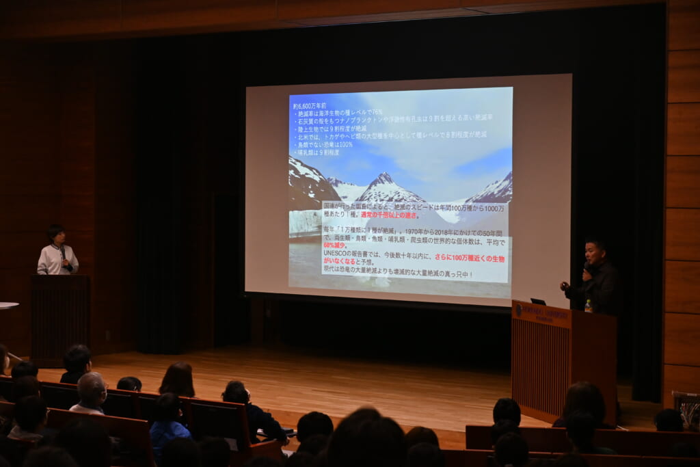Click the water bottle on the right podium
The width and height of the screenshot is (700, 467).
click(x=588, y=306)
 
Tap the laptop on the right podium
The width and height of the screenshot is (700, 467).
click(x=539, y=302)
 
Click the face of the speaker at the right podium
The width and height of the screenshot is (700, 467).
click(x=595, y=252)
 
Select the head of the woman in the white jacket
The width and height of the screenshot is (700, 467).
click(x=56, y=235)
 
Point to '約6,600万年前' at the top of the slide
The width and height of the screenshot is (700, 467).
click(x=310, y=106)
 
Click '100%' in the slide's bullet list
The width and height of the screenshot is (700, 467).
click(x=344, y=144)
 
